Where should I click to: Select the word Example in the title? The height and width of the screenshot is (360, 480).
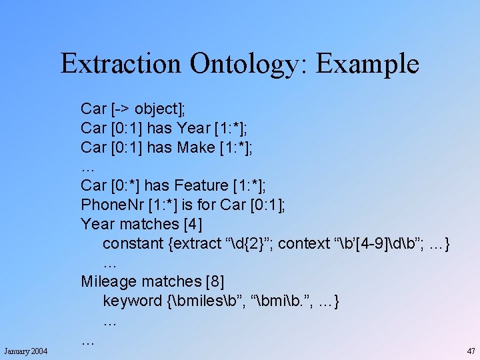point(367,64)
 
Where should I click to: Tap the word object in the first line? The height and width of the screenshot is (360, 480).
point(158,109)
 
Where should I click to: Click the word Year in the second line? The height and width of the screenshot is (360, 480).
point(193,128)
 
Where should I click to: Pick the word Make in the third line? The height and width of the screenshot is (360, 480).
point(195,147)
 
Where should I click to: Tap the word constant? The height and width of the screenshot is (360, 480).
point(134,243)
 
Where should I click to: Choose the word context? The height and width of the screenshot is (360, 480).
point(304,243)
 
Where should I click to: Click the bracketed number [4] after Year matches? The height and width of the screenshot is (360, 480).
point(193,224)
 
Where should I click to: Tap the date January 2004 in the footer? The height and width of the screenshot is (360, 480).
point(25,351)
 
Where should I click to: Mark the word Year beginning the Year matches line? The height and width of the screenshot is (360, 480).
point(95,224)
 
